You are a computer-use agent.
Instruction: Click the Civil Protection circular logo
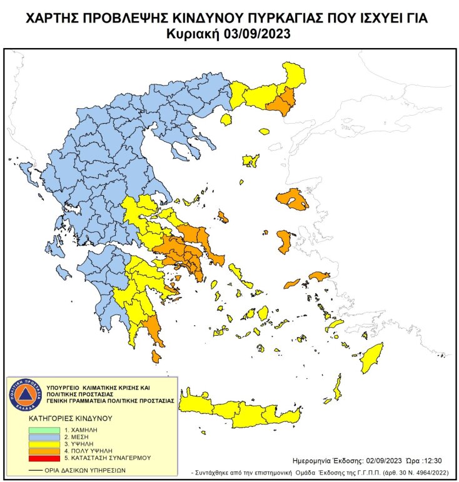click(x=24, y=394)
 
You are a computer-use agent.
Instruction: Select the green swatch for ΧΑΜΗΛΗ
click(x=44, y=431)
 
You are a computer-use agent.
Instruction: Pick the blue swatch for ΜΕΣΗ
click(x=44, y=438)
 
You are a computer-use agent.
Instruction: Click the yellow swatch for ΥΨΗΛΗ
click(x=44, y=444)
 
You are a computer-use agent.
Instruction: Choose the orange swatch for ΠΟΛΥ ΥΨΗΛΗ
click(x=44, y=451)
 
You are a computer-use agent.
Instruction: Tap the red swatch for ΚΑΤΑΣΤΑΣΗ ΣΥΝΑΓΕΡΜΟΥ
click(x=44, y=458)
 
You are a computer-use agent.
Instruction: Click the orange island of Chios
click(x=283, y=241)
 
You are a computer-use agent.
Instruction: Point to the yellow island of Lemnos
click(x=251, y=161)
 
